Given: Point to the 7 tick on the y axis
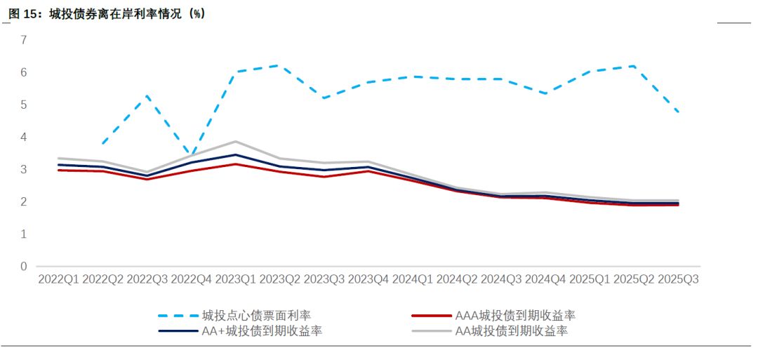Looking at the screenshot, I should click(23, 40).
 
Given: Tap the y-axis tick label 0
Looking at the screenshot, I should click(23, 266).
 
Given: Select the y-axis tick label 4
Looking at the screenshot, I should click(23, 137).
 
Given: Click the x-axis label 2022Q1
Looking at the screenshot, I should click(60, 279).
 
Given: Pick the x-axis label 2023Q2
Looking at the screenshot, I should click(281, 279).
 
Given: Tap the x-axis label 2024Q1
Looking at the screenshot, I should click(413, 279).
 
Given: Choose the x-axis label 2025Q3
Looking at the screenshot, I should click(679, 279).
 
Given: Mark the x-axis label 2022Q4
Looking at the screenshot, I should click(192, 279).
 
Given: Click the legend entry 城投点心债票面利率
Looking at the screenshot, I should click(255, 315).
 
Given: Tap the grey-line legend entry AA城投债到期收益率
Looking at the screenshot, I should click(512, 331).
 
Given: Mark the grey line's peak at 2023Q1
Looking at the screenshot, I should click(237, 141).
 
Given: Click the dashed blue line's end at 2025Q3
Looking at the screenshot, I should click(679, 112).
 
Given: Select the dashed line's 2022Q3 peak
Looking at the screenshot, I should click(148, 95).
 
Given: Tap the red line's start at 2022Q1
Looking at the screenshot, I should click(60, 170).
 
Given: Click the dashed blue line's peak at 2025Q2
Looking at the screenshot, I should click(634, 66).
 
